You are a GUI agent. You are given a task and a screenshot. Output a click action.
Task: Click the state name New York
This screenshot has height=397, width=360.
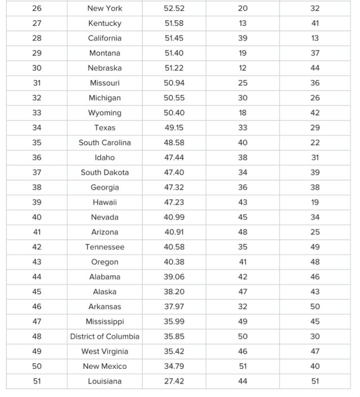pyautogui.click(x=105, y=8)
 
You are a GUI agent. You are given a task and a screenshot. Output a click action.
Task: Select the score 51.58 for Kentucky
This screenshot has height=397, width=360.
pyautogui.click(x=174, y=23)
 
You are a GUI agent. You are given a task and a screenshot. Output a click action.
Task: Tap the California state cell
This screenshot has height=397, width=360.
pyautogui.click(x=105, y=38)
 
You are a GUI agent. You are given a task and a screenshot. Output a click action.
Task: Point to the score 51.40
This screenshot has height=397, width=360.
pyautogui.click(x=174, y=53)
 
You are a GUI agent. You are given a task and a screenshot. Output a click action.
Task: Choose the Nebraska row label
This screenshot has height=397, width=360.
pyautogui.click(x=105, y=68)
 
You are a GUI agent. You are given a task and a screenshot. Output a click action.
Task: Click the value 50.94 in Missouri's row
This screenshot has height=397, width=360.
pyautogui.click(x=174, y=83)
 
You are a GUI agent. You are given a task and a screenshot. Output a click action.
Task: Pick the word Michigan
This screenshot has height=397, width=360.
pyautogui.click(x=105, y=98)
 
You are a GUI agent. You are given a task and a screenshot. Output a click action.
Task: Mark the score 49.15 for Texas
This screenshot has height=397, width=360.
pyautogui.click(x=174, y=128)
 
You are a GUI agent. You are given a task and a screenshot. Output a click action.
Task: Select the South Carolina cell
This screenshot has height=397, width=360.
pyautogui.click(x=105, y=142)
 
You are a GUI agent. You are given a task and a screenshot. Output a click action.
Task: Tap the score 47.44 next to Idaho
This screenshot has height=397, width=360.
pyautogui.click(x=174, y=158)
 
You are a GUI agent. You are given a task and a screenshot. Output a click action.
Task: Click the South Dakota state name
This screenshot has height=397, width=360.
pyautogui.click(x=105, y=172)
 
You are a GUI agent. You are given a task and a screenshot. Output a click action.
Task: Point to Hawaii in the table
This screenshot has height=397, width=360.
pyautogui.click(x=105, y=202)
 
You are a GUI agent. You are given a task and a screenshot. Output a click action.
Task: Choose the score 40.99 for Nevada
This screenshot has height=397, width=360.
pyautogui.click(x=174, y=217)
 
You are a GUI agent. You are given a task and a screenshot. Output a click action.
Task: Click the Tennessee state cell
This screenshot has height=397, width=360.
pyautogui.click(x=105, y=247)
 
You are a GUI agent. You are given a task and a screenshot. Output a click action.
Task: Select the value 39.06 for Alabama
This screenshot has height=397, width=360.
pyautogui.click(x=174, y=277)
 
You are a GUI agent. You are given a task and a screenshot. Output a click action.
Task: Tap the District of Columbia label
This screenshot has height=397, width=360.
pyautogui.click(x=105, y=337)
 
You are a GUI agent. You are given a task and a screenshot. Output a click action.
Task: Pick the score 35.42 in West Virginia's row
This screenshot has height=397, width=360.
pyautogui.click(x=174, y=351)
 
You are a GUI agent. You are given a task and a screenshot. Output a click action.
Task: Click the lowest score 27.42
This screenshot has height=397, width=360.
pyautogui.click(x=174, y=381)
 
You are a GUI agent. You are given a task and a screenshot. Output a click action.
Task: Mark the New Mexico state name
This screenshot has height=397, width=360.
pyautogui.click(x=105, y=367)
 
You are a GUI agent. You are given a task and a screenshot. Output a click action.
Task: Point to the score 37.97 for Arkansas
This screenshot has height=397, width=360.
pyautogui.click(x=174, y=307)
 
